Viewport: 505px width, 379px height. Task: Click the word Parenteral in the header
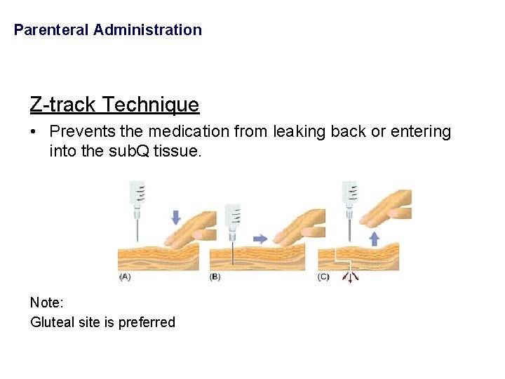[x=51, y=30]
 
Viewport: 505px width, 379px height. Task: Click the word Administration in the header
[x=147, y=30]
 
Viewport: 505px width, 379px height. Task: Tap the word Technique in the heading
[x=151, y=105]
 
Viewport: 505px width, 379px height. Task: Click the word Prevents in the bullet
[x=77, y=131]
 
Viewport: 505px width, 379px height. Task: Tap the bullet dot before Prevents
[x=34, y=131]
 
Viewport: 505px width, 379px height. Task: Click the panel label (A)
[x=125, y=277]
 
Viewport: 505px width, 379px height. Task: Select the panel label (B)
[x=215, y=277]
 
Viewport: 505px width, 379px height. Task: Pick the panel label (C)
[x=323, y=277]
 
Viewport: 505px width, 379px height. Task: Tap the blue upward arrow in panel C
[x=374, y=239]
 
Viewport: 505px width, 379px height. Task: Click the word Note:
[x=47, y=302]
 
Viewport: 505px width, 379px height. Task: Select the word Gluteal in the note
[x=51, y=323]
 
